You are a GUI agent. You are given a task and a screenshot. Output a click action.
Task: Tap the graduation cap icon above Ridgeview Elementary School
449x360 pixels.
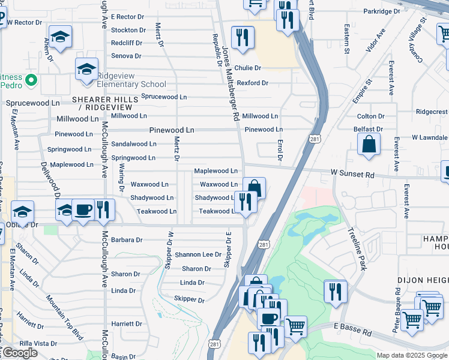pyautogui.click(x=87, y=69)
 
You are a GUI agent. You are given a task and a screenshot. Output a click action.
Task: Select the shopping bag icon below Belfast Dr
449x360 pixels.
pyautogui.click(x=369, y=145)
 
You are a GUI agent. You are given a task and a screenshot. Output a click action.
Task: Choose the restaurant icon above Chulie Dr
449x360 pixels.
pyautogui.click(x=243, y=38)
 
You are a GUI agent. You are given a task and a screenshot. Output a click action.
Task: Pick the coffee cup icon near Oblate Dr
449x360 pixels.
pyautogui.click(x=83, y=210)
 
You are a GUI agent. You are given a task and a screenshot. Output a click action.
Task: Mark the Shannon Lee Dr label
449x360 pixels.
pyautogui.click(x=198, y=254)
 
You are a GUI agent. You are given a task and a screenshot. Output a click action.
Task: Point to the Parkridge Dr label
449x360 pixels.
pyautogui.click(x=381, y=11)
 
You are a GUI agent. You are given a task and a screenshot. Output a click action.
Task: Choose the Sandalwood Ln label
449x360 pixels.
pyautogui.click(x=134, y=144)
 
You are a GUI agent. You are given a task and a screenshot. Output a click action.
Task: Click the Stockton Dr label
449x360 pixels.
pyautogui.click(x=128, y=30)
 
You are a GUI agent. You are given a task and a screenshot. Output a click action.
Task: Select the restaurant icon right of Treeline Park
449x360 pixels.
pyautogui.click(x=336, y=292)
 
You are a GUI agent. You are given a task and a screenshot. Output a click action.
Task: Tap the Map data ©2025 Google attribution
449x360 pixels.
pyautogui.click(x=411, y=355)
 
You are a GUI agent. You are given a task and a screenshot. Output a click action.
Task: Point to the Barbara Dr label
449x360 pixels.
pyautogui.click(x=127, y=239)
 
